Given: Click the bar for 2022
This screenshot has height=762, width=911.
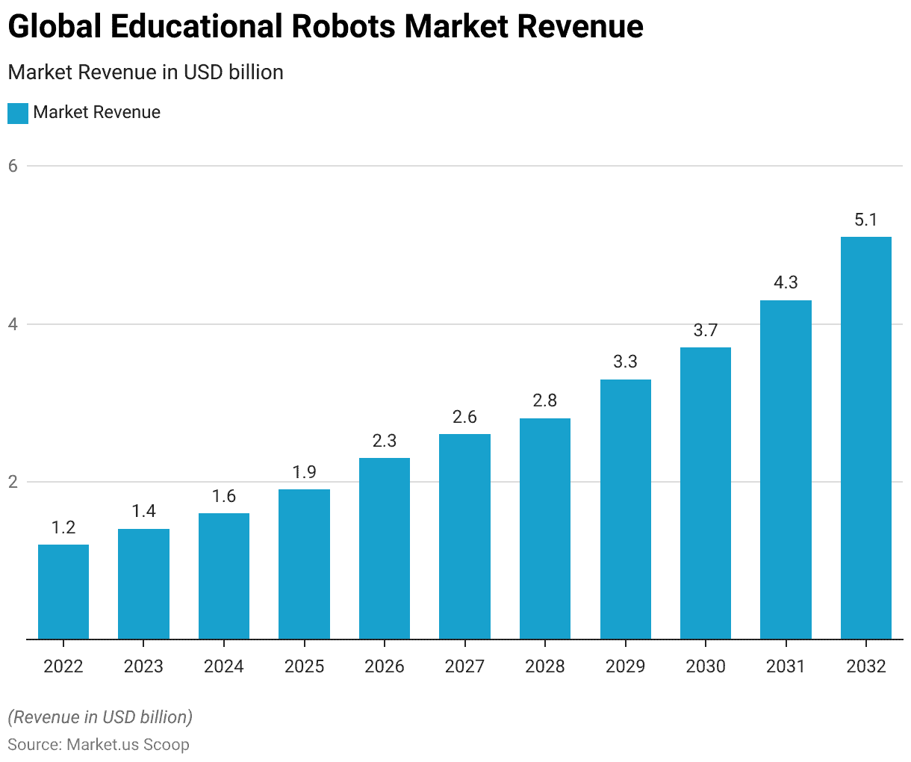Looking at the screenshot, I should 63,592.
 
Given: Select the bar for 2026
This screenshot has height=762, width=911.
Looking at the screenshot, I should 385,548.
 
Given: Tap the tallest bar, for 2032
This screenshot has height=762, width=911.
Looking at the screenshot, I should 865,438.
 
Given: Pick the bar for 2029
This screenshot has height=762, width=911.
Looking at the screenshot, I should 625,509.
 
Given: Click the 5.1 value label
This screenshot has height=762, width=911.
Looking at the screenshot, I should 865,220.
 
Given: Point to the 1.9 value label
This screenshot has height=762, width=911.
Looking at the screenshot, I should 304,472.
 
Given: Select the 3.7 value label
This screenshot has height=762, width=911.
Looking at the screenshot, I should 705,330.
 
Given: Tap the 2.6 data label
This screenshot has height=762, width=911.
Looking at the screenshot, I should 464,417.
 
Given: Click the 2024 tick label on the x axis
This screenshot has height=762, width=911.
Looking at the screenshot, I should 224,666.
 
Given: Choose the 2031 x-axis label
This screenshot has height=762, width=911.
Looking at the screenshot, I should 786,666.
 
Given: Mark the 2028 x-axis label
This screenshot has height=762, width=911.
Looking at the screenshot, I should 544,666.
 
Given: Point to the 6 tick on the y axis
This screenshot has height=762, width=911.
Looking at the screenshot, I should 13,166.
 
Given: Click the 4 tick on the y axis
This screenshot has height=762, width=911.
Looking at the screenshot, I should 13,324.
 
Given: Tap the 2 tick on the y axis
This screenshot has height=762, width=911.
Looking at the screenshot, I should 13,482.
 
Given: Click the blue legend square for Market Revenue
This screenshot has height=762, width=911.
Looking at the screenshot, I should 18,113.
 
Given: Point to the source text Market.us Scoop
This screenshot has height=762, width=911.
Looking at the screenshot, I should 128,745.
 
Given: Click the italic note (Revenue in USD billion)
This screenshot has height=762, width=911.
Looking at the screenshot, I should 100,717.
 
